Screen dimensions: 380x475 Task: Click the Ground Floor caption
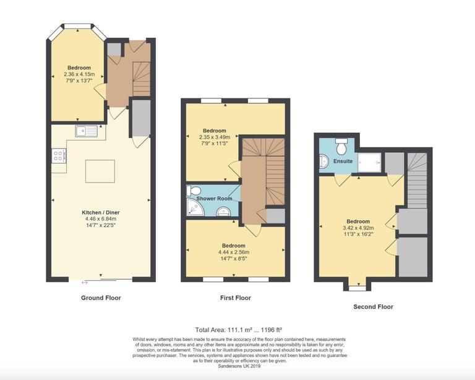coord(101,298)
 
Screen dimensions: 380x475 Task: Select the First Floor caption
coord(235,298)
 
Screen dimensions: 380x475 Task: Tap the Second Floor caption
coord(373,306)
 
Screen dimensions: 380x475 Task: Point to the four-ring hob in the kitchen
coord(60,156)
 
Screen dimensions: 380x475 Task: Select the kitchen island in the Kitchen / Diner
coord(100,171)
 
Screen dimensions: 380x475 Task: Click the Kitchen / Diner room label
coord(101,212)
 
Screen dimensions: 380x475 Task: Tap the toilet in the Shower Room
coord(194,190)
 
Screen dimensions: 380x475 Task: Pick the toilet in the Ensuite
coord(341,147)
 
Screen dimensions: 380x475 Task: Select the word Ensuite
coord(343,161)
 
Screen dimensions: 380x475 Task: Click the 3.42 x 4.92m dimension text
coord(357,228)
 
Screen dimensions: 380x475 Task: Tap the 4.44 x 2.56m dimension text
coord(234,253)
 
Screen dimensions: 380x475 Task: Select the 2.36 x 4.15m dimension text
coord(79,74)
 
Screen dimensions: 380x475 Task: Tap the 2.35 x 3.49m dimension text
coord(215,137)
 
